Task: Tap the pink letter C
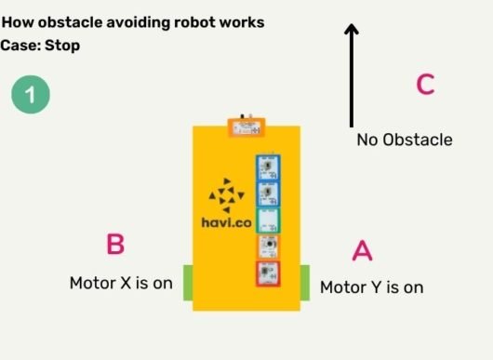pos(425,84)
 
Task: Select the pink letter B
pos(115,245)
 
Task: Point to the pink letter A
pos(362,251)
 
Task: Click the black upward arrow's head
pos(352,31)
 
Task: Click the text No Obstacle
pos(405,140)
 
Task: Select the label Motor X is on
pos(121,283)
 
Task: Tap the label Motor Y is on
pos(371,287)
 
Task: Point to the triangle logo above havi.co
pos(225,193)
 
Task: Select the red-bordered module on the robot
pos(269,273)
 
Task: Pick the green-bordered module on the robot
pos(269,220)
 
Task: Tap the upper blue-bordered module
pos(269,167)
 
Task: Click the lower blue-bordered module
pos(269,193)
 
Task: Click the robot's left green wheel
pos(186,283)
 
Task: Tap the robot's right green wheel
pos(304,283)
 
